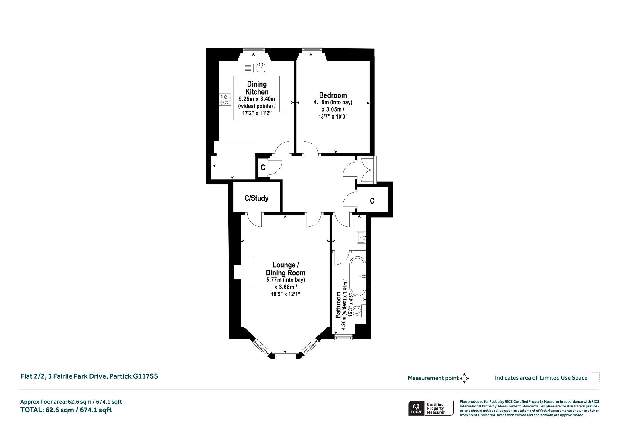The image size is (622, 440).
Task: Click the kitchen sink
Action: point(255,68)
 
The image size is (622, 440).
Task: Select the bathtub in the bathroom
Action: point(358,277)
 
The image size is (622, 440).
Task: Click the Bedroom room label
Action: point(333,95)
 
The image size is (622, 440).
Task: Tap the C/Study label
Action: point(257,198)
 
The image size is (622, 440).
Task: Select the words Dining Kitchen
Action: point(257,88)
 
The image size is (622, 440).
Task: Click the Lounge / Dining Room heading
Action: point(286,269)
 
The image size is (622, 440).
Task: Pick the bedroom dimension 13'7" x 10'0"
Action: point(333,116)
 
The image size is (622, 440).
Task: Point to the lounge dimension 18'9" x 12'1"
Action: point(285,294)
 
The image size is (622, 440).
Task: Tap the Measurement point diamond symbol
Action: point(464,378)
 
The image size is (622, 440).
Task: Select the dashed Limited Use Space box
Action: point(594,377)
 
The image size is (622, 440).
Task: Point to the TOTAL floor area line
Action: point(66,410)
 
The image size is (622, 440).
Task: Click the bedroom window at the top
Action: point(312,50)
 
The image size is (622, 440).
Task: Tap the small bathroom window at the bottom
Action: point(343,337)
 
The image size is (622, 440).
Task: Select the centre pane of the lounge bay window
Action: point(285,356)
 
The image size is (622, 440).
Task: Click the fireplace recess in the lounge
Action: point(243,272)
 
